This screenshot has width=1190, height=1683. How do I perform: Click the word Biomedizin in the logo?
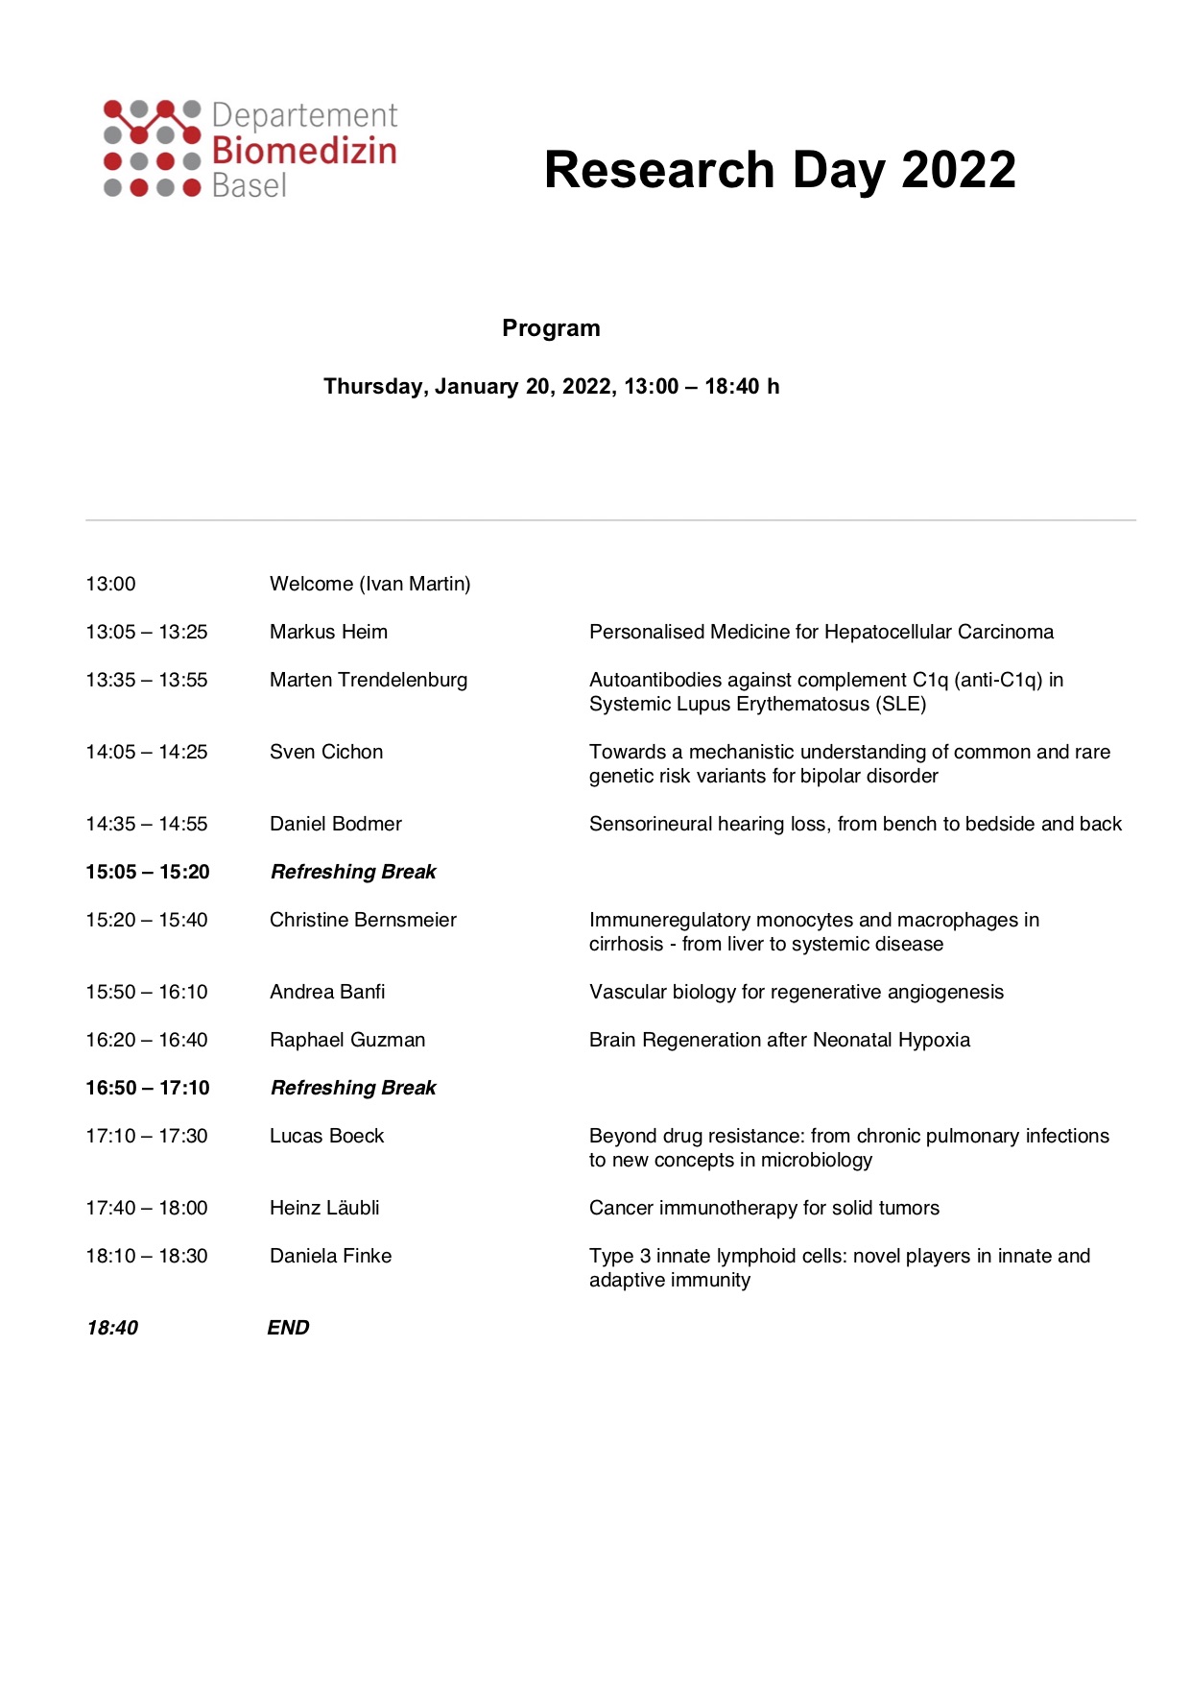point(303,151)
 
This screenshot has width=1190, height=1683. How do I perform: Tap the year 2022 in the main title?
point(958,170)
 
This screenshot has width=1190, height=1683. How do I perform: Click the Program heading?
point(551,328)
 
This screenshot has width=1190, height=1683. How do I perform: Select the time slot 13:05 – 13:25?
point(147,632)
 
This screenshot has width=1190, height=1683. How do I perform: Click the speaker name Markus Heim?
point(328,632)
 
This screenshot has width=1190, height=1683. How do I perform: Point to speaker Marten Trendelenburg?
point(369,680)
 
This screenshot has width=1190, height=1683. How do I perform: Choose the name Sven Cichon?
point(326,752)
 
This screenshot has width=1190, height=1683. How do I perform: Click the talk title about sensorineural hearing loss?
point(855,824)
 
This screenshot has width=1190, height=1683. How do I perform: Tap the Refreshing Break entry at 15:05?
point(353,872)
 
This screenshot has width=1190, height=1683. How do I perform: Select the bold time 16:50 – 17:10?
point(148,1088)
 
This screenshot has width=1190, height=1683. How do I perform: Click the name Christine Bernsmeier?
point(363,920)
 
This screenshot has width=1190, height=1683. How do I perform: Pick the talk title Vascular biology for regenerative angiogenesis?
point(797,992)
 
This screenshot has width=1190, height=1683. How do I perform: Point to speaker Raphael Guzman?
point(347,1040)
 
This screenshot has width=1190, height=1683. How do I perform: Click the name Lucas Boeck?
point(326,1136)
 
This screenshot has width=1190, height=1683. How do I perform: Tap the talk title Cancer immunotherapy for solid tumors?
point(764,1208)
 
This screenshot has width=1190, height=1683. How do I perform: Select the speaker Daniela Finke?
point(330,1256)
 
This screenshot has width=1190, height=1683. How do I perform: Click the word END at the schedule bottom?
point(288,1328)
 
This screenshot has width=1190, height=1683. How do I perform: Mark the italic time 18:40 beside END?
point(112,1328)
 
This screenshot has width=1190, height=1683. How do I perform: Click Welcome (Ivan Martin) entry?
point(369,584)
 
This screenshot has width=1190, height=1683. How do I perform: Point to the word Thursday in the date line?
point(374,386)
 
